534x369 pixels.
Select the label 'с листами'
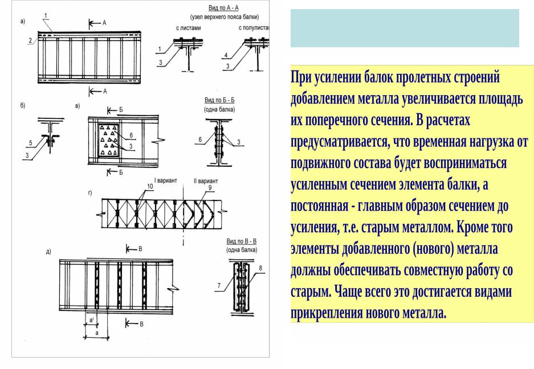click(186, 27)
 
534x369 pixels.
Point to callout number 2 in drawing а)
click(30, 40)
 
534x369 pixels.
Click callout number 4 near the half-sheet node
click(226, 55)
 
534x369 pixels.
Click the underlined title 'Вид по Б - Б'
click(219, 100)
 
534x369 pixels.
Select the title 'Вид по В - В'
click(242, 242)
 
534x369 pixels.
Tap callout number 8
click(260, 267)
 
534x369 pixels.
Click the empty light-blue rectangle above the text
click(405, 28)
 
